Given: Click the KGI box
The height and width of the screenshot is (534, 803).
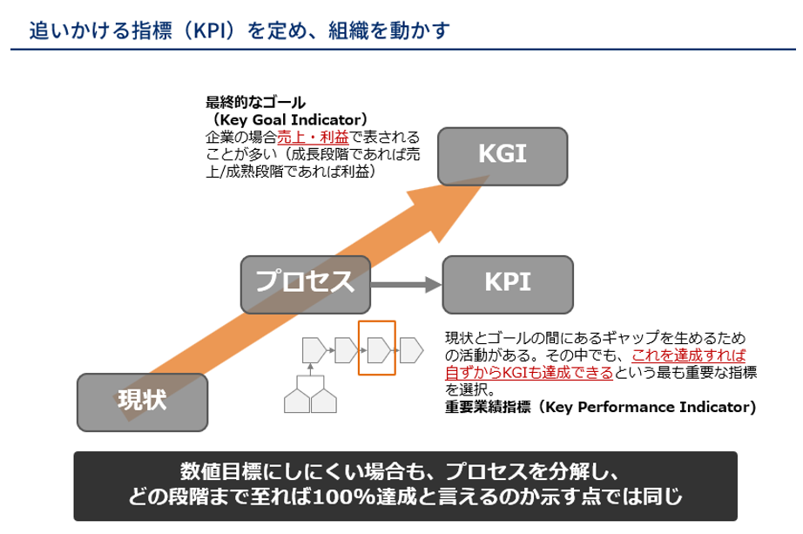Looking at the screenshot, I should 503,156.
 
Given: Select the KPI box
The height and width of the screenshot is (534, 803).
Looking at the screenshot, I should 508,284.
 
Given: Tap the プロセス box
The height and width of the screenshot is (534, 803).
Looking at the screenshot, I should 305,282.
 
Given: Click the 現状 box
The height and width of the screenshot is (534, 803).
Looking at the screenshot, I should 143,402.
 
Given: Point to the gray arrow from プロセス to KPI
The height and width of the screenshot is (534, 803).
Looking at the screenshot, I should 406,284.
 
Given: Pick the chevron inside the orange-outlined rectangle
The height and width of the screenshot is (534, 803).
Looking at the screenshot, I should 377,351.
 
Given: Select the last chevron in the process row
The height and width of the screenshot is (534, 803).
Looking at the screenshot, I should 410,351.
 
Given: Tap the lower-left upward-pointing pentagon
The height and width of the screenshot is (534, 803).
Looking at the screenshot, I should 298,400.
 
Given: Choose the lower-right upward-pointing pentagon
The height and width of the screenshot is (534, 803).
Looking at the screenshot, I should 324,400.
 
